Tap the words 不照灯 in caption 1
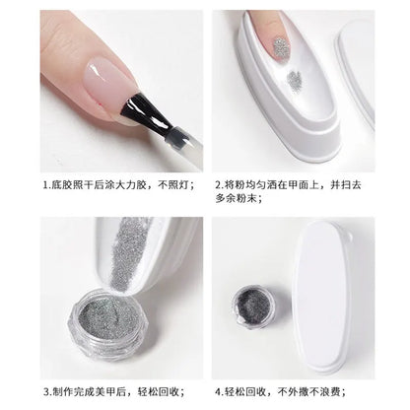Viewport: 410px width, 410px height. click(175, 184)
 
